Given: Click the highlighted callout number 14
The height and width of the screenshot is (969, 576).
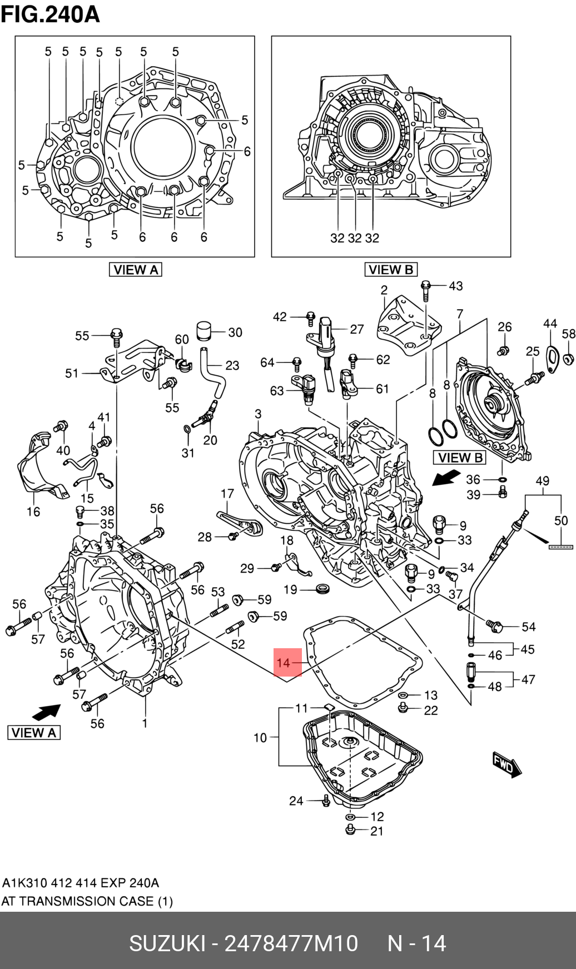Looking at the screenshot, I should (x=284, y=663).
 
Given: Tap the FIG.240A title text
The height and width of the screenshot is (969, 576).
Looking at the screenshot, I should (x=51, y=14).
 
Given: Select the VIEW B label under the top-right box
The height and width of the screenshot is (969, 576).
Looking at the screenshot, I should (x=391, y=270).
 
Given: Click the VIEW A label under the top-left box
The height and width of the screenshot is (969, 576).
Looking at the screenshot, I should (x=136, y=270).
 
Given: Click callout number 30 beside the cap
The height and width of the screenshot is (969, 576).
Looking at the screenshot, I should (x=235, y=332).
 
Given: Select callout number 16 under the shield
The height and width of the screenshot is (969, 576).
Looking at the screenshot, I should (x=33, y=511).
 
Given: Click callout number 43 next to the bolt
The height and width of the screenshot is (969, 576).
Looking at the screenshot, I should (x=456, y=286).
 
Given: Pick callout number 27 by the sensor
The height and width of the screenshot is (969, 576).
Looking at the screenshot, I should (x=357, y=329).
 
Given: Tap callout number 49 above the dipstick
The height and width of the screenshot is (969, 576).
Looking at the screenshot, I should (x=542, y=481).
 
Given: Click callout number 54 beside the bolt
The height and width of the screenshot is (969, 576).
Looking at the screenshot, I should (x=529, y=627).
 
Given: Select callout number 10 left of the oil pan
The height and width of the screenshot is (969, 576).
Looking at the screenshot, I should (x=260, y=738).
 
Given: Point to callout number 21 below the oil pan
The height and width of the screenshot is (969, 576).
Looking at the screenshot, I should (x=377, y=831).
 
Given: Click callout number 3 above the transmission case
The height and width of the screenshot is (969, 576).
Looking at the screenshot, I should (x=258, y=414).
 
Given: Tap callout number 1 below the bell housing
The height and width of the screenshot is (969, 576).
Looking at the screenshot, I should (x=145, y=723).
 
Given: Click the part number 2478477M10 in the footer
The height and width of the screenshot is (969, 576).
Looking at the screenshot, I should (x=291, y=943).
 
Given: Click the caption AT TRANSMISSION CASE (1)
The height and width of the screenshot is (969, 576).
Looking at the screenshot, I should (x=87, y=901).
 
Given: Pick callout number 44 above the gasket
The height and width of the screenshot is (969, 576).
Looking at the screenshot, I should (x=550, y=324).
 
